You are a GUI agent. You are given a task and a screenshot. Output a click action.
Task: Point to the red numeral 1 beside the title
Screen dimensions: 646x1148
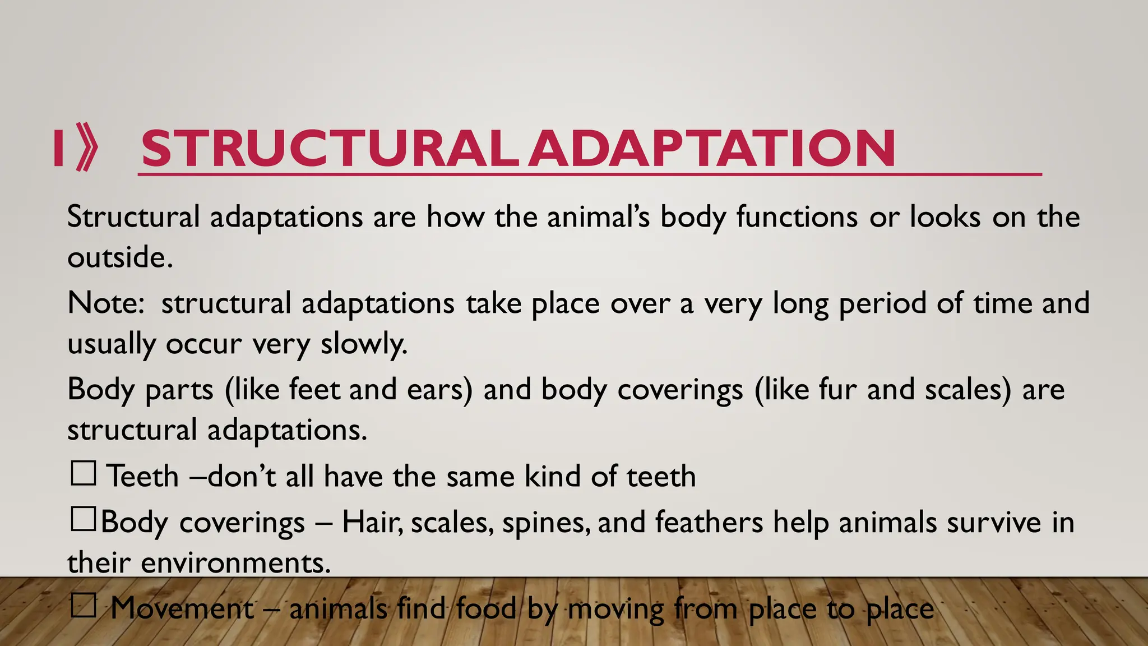coord(58,148)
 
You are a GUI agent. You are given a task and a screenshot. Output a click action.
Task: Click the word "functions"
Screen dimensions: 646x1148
coord(797,217)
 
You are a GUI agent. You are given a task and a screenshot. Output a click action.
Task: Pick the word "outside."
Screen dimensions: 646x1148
coord(120,257)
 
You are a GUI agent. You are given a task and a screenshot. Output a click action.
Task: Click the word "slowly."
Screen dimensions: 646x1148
coord(363,344)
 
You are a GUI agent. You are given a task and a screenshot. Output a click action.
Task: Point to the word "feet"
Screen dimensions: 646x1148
coord(314,390)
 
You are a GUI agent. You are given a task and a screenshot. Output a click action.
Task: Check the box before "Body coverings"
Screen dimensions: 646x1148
coord(84,519)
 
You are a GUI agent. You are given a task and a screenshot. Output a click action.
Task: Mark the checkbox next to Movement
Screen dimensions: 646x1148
coord(84,606)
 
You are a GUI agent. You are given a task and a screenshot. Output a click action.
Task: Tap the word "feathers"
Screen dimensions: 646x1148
coord(709,522)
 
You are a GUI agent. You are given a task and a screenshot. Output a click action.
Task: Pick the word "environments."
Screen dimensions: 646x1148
coord(235,562)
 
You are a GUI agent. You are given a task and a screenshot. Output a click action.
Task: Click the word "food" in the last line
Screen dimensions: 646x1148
coord(485,608)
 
